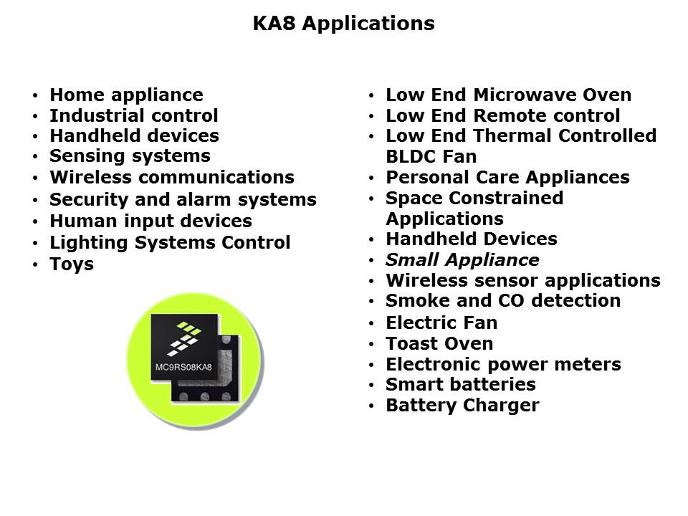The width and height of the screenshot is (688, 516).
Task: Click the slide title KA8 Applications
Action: pyautogui.click(x=343, y=23)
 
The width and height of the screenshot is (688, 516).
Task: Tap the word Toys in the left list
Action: pyautogui.click(x=72, y=264)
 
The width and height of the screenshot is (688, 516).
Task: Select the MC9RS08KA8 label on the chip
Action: pyautogui.click(x=183, y=367)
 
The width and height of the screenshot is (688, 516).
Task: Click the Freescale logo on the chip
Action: pyautogui.click(x=184, y=338)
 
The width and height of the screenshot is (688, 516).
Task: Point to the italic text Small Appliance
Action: pyautogui.click(x=462, y=259)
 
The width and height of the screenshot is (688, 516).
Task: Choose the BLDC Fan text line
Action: pyautogui.click(x=431, y=157)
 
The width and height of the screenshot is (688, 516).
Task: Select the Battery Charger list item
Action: pyautogui.click(x=462, y=406)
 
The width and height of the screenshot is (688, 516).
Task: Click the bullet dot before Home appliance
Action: pyautogui.click(x=35, y=95)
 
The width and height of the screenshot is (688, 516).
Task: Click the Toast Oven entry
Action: pyautogui.click(x=439, y=343)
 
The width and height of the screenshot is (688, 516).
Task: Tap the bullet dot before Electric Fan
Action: pyautogui.click(x=371, y=324)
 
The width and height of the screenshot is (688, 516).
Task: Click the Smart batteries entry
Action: pyautogui.click(x=461, y=384)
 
